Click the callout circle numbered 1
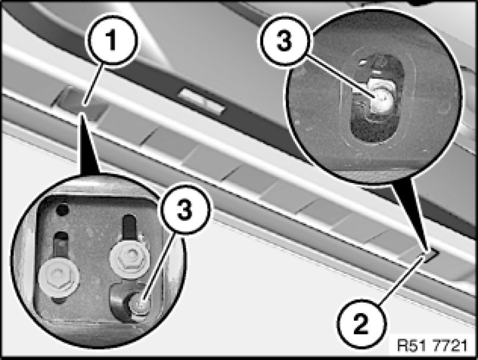click(x=113, y=40)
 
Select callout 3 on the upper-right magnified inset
click(x=284, y=40)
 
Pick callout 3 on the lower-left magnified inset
click(x=185, y=209)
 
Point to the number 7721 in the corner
click(x=450, y=346)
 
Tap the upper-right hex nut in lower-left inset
click(x=129, y=256)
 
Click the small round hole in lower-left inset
click(x=63, y=210)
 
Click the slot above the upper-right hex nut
click(x=129, y=226)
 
